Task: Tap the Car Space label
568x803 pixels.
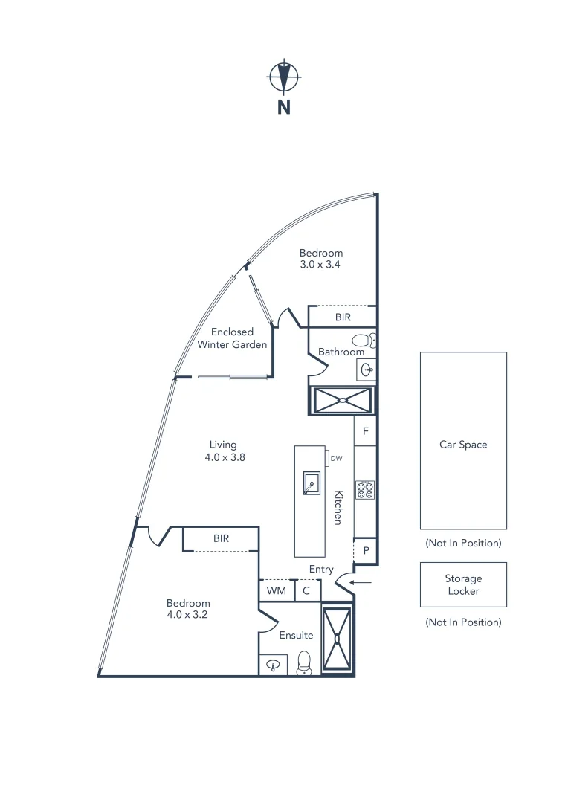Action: coord(463,445)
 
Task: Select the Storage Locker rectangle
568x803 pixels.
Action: coord(463,584)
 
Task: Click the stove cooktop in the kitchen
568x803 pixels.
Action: coord(365,490)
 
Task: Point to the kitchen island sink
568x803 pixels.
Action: coord(311,483)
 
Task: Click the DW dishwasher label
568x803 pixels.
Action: coord(336,459)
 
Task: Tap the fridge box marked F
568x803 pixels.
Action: coord(365,431)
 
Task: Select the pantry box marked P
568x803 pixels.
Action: coord(366,551)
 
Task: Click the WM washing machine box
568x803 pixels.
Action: coord(276,591)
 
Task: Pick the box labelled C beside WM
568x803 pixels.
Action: coord(307,591)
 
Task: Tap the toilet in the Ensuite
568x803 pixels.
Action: coord(304,662)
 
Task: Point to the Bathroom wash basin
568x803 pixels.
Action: coord(367,368)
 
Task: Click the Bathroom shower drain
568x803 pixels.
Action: coord(343,400)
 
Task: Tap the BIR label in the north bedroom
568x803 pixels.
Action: coord(342,317)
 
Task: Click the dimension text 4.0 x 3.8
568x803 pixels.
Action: coord(225,458)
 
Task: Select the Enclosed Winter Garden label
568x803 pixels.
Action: coord(232,338)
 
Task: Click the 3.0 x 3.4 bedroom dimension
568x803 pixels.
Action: coord(320,264)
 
